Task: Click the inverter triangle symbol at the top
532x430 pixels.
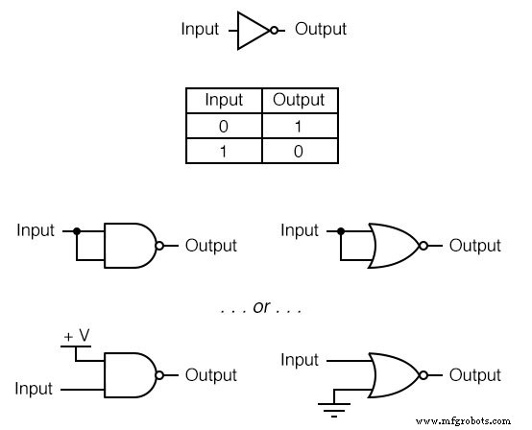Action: pos(253,30)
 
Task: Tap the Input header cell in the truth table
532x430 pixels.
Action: pos(224,99)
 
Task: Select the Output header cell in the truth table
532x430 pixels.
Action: pos(299,99)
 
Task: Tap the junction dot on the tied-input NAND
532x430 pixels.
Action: pos(75,231)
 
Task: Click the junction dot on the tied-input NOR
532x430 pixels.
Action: pos(339,231)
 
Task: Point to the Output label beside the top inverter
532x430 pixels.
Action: pos(321,30)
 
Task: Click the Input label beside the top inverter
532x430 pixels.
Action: pos(201,30)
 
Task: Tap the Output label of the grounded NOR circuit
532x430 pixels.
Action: pos(474,375)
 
